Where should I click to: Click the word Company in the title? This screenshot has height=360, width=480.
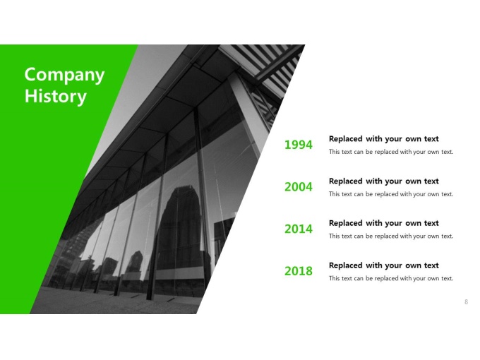(64, 76)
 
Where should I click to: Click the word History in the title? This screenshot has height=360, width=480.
(55, 96)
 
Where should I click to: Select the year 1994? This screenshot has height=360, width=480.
(299, 145)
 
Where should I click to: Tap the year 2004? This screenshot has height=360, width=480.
(299, 187)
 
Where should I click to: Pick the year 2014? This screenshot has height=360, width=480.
(299, 229)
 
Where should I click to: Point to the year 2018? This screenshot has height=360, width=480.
(299, 271)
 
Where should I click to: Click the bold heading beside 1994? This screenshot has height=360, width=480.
(383, 139)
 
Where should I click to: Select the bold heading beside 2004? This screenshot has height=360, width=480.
(383, 181)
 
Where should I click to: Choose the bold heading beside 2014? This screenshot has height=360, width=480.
(383, 223)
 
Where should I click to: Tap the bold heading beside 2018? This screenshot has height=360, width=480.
(383, 265)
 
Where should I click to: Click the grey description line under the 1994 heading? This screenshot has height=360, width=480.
(391, 152)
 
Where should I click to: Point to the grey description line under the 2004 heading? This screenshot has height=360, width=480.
(391, 194)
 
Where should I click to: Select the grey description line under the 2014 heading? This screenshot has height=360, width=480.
(391, 236)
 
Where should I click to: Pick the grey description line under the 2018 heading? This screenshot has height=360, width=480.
(391, 278)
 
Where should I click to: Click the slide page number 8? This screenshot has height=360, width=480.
(466, 302)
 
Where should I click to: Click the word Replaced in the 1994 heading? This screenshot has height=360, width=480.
(346, 139)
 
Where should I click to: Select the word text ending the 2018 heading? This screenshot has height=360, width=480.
(431, 265)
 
